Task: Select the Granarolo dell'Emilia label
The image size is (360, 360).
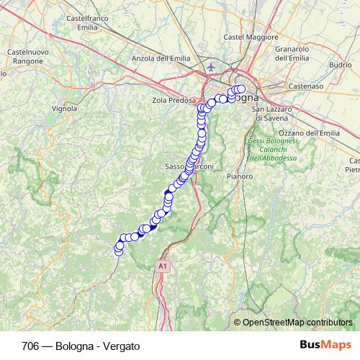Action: point(292,53)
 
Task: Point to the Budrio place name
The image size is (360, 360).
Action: point(340,64)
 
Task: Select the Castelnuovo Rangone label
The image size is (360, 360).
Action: point(27,58)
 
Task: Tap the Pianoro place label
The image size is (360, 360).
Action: point(239,176)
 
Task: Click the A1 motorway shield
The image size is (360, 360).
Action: point(163,266)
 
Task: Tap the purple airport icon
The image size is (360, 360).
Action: point(211,68)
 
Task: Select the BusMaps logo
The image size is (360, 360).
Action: point(324,345)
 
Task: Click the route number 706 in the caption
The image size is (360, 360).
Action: point(31,346)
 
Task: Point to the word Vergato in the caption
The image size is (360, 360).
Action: point(120,346)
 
